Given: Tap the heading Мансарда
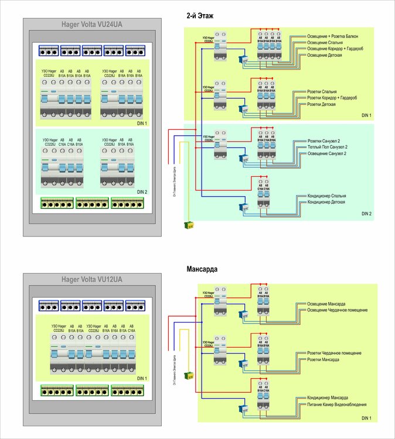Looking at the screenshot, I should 202,270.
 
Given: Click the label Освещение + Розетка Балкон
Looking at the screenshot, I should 336,36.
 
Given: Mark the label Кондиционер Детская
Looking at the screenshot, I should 328,202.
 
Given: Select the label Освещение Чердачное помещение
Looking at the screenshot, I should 338,310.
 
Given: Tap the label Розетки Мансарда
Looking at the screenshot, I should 323,359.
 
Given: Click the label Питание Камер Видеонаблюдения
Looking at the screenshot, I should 337,404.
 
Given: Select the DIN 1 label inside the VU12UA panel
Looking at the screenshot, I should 142,378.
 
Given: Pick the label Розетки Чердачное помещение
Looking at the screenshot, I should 335,353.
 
